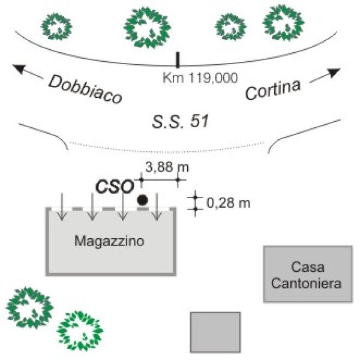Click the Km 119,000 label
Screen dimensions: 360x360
coord(200,77)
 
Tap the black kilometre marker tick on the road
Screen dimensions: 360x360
coord(177,60)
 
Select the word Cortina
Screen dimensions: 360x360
coord(272,91)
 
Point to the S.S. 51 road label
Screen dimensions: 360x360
coord(180,122)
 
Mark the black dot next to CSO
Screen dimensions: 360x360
coord(143,199)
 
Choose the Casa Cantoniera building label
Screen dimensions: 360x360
coord(307,274)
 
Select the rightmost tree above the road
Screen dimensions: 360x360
coord(283,23)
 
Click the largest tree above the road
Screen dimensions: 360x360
coord(146,27)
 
